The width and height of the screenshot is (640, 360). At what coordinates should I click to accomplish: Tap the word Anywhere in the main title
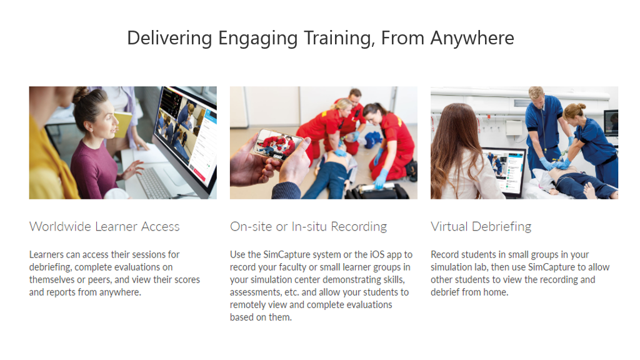pos(472,39)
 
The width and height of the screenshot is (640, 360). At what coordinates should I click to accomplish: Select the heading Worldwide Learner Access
pos(104,226)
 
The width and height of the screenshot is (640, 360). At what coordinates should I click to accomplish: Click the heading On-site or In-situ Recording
pos(308,226)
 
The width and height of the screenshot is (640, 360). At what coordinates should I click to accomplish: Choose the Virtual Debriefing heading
pos(481,226)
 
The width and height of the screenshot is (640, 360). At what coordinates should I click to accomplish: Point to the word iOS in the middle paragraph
pos(377,255)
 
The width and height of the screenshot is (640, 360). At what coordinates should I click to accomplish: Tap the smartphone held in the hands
pos(279,144)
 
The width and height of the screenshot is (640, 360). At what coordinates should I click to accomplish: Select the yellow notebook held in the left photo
pos(123,124)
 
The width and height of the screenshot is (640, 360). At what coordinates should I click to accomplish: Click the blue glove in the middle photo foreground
pos(381,179)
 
